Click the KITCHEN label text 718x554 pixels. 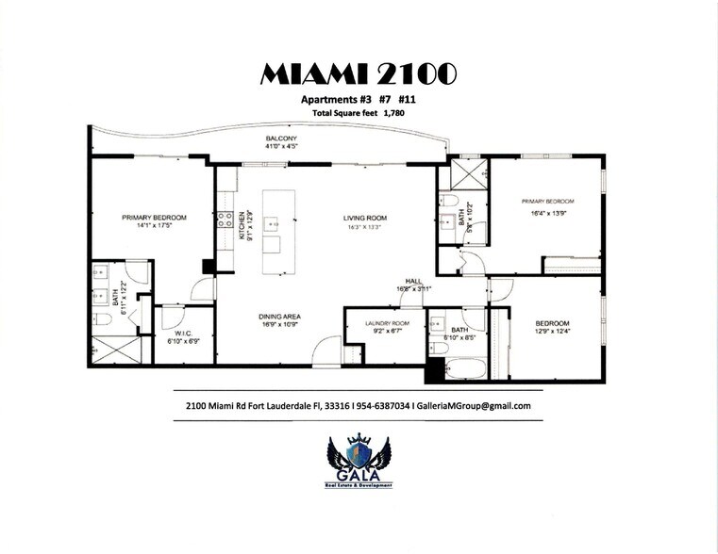242,223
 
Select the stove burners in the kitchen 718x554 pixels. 225,220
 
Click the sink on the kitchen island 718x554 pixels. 272,224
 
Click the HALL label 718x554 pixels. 412,281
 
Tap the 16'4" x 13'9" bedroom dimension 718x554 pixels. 549,214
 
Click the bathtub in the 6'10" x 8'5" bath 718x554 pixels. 465,367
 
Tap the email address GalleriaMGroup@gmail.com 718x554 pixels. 478,406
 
